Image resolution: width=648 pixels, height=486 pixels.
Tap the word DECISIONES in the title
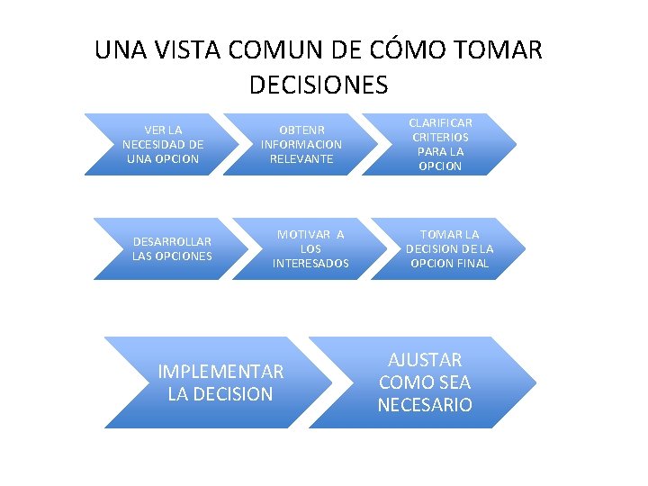tap(317, 85)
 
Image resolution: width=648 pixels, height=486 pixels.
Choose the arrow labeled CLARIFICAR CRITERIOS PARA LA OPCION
tap(441, 144)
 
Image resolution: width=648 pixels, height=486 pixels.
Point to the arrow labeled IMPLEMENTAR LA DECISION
tap(216, 382)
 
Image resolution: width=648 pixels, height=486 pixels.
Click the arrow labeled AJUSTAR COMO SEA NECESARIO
tap(423, 382)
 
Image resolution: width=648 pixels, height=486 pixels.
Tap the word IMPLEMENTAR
tap(220, 372)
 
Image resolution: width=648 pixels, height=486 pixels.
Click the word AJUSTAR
tap(426, 360)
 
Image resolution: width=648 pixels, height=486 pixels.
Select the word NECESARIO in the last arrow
tap(425, 405)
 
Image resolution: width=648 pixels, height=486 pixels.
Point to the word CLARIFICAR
tap(440, 122)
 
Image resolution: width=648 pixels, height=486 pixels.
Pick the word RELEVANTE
tap(301, 158)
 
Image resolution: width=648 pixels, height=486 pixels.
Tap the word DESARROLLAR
tap(172, 241)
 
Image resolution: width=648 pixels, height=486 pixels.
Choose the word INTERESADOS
tap(310, 263)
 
